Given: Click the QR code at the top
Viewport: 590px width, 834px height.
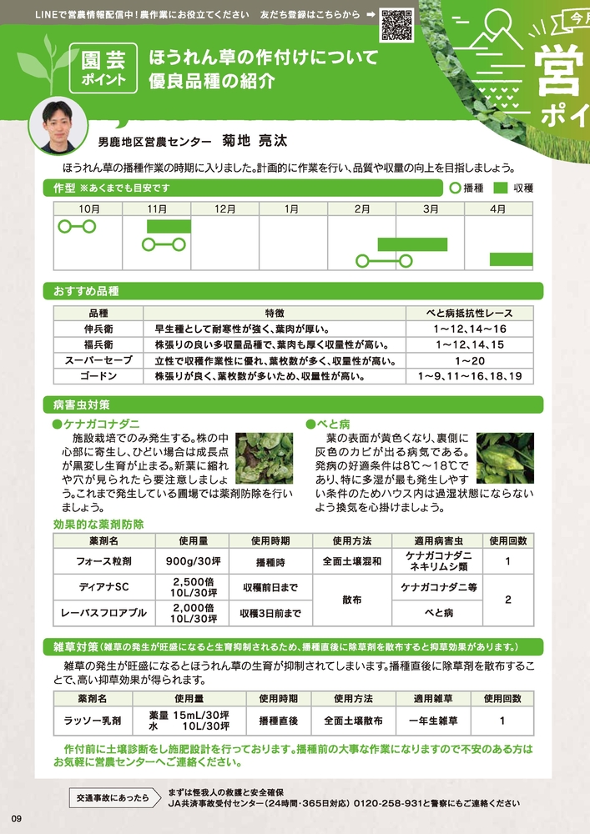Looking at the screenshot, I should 396,23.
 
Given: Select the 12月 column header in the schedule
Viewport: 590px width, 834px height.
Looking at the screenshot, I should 225,208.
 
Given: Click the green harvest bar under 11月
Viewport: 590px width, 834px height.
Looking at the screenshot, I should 169,226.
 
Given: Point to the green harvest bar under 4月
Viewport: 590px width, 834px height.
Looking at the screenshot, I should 511,259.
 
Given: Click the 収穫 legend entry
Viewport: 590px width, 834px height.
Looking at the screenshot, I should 512,188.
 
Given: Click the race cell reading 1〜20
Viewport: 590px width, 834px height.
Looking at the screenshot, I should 471,361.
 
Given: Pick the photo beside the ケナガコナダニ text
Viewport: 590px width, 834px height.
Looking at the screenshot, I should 265,458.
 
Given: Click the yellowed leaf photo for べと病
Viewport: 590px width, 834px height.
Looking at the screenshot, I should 506,458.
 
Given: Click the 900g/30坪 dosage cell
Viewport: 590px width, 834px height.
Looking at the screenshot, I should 191,561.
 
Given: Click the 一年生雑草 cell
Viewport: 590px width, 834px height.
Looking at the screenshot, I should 430,720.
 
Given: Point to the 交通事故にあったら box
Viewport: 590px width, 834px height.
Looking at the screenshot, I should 113,797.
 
